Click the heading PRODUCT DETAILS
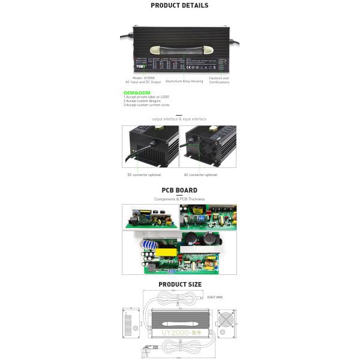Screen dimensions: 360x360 (x=179, y=5)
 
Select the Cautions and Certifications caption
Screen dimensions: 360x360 (x=218, y=80)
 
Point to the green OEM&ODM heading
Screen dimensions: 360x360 (x=131, y=93)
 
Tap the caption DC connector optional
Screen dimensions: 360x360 (x=143, y=175)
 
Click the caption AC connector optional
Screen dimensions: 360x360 (x=200, y=175)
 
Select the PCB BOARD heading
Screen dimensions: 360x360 (x=179, y=191)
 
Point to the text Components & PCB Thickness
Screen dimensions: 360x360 (x=179, y=199)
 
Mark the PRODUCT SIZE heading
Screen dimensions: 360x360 (x=179, y=284)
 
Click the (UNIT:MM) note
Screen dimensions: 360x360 (x=215, y=297)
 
